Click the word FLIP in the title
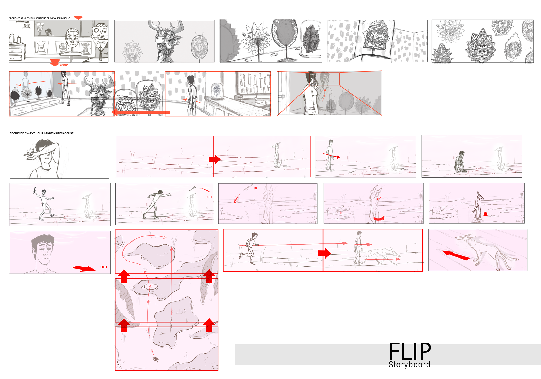click(x=410, y=351)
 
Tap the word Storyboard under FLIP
click(x=409, y=365)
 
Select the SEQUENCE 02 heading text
click(x=39, y=18)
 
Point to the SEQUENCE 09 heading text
click(x=42, y=133)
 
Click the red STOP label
click(x=64, y=65)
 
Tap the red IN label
click(x=256, y=188)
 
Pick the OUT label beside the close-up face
click(x=104, y=267)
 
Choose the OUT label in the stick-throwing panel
click(x=209, y=197)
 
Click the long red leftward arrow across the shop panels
click(x=141, y=112)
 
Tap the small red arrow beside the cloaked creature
click(x=485, y=214)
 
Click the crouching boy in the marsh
click(x=460, y=162)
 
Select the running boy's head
click(x=254, y=235)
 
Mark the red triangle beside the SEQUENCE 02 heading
click(x=78, y=18)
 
